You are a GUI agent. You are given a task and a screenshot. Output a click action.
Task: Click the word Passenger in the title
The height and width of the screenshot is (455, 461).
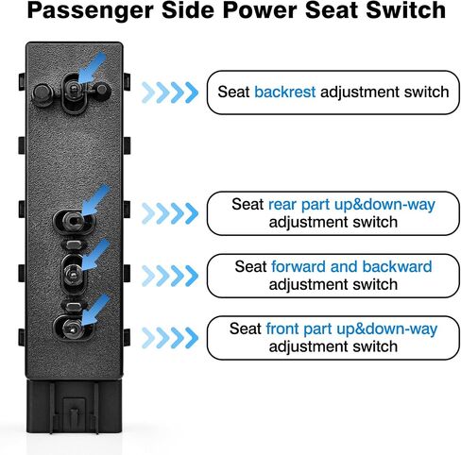pyautogui.click(x=91, y=10)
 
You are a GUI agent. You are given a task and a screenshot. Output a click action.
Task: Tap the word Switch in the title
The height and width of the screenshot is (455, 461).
pyautogui.click(x=406, y=9)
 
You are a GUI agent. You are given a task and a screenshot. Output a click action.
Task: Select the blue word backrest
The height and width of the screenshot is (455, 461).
pyautogui.click(x=284, y=92)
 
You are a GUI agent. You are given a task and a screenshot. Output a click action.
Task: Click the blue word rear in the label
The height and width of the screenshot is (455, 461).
pyautogui.click(x=282, y=205)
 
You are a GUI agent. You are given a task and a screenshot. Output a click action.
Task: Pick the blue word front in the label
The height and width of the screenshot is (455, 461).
pyautogui.click(x=282, y=329)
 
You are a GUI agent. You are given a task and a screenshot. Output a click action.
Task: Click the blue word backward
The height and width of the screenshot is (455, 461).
pyautogui.click(x=397, y=266)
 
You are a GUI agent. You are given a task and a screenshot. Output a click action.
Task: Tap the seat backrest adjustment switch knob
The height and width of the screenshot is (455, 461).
pyautogui.click(x=74, y=90)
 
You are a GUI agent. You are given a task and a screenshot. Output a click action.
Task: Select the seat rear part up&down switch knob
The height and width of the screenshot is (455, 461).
pyautogui.click(x=73, y=220)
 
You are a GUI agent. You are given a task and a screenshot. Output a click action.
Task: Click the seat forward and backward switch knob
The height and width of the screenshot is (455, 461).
pyautogui.click(x=73, y=275)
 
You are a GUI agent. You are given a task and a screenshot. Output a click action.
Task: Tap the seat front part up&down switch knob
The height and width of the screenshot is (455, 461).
pyautogui.click(x=73, y=329)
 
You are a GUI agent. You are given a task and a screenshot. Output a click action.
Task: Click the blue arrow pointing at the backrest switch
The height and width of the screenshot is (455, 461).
pyautogui.click(x=92, y=68)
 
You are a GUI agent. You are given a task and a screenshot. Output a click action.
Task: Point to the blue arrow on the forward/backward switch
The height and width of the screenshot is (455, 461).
pyautogui.click(x=95, y=254)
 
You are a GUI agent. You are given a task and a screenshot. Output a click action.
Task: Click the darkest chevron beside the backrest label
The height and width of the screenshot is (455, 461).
pyautogui.click(x=192, y=93)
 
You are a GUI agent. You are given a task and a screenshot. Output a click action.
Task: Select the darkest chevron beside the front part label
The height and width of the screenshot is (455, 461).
pyautogui.click(x=192, y=338)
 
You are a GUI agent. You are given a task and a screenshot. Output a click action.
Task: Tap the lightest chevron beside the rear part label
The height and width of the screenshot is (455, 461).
pyautogui.click(x=148, y=213)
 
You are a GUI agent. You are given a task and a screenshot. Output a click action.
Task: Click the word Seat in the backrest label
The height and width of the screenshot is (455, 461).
pyautogui.click(x=233, y=92)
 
